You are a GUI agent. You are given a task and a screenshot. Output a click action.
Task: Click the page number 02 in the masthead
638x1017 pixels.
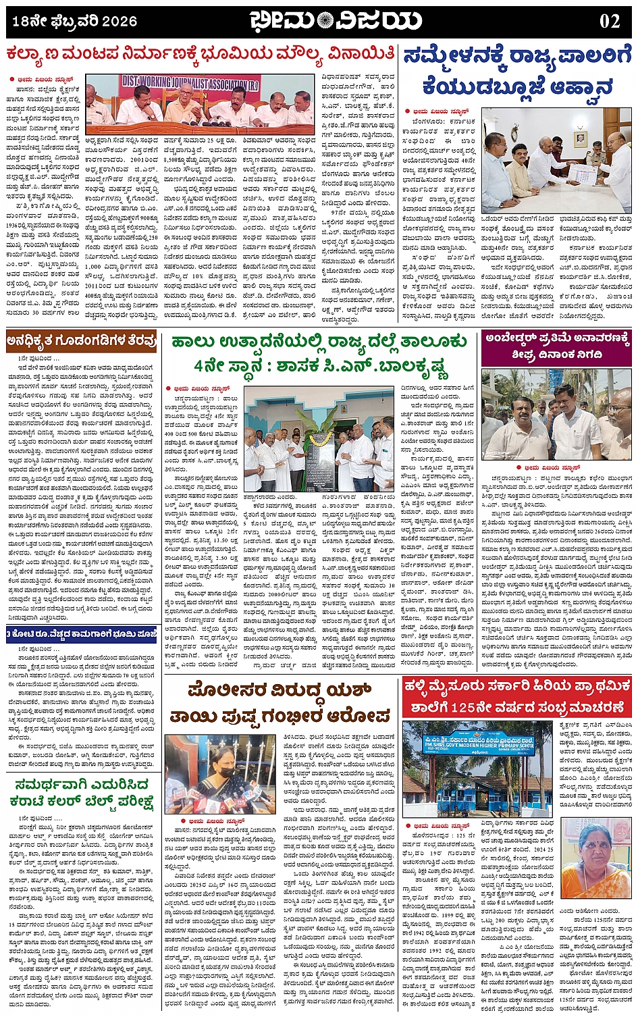point(609,21)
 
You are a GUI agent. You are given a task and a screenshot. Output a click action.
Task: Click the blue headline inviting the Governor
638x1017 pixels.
point(516,70)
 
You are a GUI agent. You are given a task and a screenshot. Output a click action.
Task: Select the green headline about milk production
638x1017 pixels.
point(319,353)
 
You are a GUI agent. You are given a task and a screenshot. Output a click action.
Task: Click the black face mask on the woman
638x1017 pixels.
point(225,773)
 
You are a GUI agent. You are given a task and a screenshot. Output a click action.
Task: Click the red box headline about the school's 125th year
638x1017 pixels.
point(516,698)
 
